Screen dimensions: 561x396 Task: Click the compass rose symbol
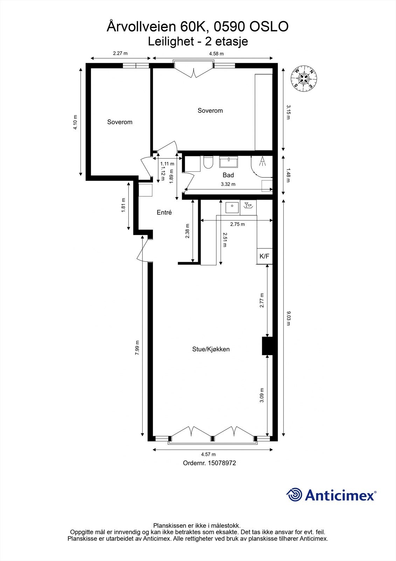(x=304, y=79)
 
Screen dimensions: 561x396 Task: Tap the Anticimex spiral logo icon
(x=294, y=495)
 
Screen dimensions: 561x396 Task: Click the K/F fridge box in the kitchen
(x=265, y=256)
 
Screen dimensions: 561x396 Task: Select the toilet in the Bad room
(x=208, y=162)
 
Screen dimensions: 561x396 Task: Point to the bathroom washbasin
(x=228, y=162)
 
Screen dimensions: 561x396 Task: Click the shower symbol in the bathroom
(x=262, y=161)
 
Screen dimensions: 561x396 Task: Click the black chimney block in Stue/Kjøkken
(x=268, y=346)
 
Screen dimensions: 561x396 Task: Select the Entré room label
(x=164, y=212)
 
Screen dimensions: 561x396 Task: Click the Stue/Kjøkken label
(x=211, y=349)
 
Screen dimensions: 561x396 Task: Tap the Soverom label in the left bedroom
(x=120, y=122)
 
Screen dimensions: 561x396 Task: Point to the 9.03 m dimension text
(x=288, y=318)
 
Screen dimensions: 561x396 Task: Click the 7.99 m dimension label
(x=137, y=348)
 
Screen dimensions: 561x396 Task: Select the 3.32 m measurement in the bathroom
(x=228, y=184)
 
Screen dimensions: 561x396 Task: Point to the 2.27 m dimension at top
(x=120, y=54)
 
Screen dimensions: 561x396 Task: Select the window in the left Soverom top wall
(x=136, y=66)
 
